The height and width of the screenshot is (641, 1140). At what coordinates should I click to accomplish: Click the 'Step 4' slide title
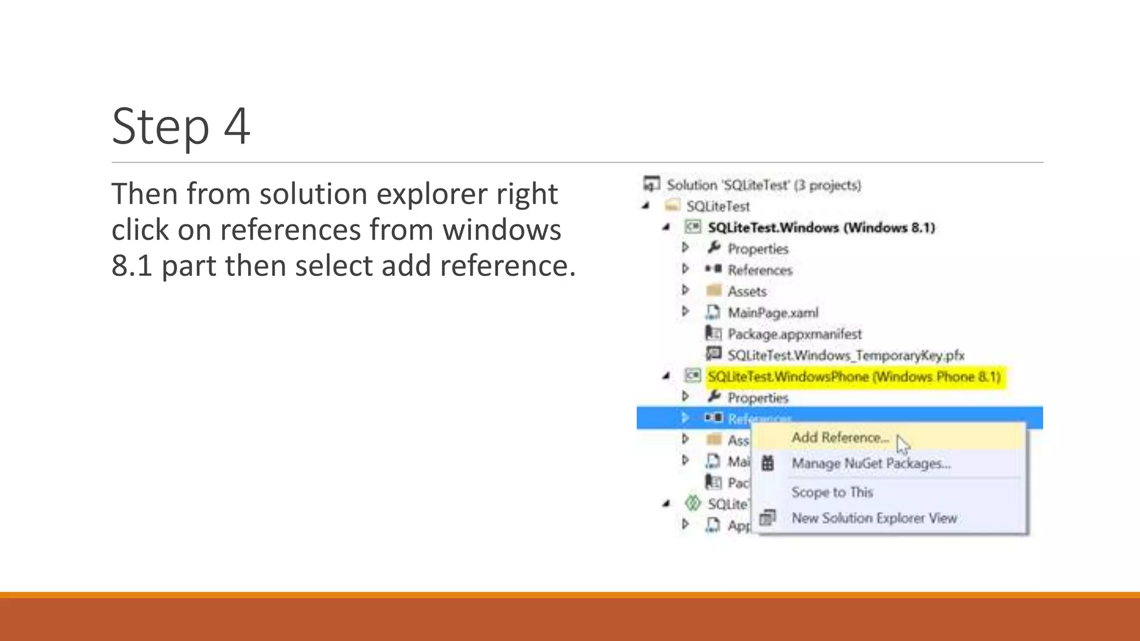tap(181, 126)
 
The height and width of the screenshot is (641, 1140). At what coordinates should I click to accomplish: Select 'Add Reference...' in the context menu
tap(840, 438)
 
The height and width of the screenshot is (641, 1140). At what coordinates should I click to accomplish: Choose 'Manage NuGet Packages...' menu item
tap(871, 464)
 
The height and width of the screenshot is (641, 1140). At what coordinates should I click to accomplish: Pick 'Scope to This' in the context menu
tap(832, 492)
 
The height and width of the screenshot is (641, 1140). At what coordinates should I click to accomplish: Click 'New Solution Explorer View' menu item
tap(874, 518)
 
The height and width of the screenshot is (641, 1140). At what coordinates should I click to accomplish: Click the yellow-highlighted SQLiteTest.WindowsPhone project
tap(854, 377)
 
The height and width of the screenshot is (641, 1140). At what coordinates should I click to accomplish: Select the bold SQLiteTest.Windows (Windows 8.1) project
tap(821, 228)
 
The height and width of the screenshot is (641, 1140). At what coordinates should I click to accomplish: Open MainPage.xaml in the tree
tap(773, 313)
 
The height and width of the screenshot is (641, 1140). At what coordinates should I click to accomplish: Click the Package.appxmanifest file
tap(794, 334)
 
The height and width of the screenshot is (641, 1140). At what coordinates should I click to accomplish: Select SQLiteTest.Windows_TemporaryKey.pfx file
tap(846, 355)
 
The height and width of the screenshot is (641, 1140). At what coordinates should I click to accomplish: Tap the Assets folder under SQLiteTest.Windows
tap(747, 292)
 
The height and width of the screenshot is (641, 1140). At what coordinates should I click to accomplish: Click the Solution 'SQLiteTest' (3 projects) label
tap(764, 185)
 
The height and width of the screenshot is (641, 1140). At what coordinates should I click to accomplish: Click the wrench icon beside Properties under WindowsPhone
tap(714, 397)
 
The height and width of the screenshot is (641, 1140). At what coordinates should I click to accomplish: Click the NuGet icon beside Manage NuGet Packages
tap(768, 463)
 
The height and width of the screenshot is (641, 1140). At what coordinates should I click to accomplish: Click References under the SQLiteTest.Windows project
tap(760, 270)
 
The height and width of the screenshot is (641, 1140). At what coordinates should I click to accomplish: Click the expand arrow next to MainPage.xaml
tap(686, 312)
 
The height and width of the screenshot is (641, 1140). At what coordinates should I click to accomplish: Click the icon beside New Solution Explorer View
tap(768, 518)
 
